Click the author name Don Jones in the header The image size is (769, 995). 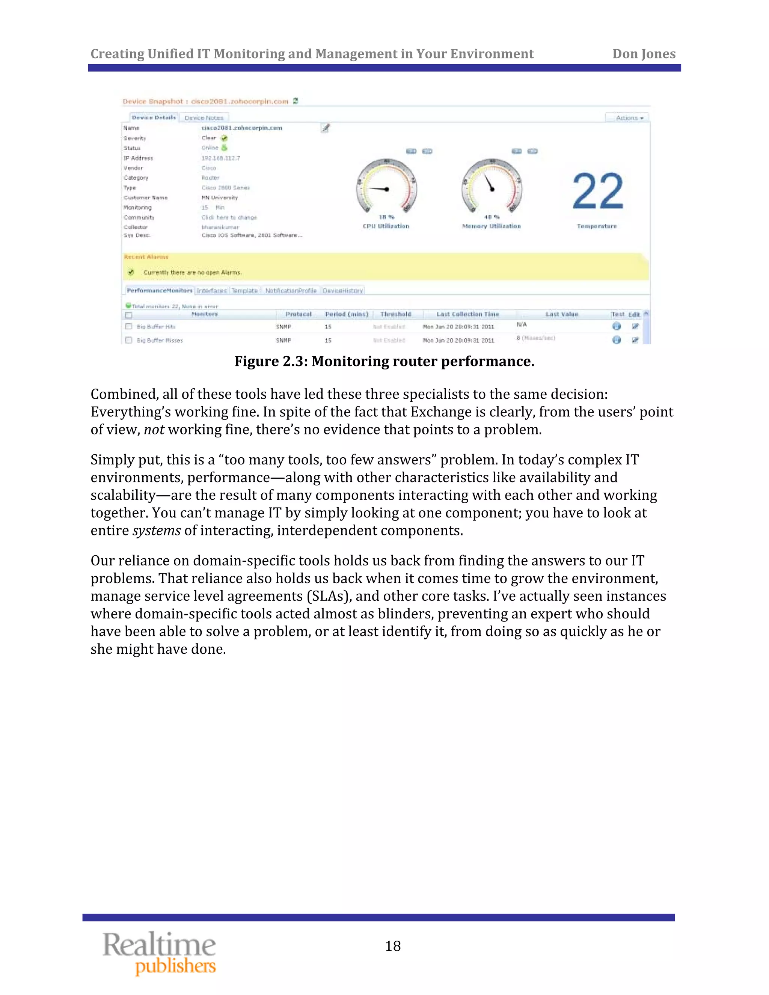click(x=643, y=54)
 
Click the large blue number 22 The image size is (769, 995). click(x=597, y=191)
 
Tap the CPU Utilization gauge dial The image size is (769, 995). click(x=386, y=186)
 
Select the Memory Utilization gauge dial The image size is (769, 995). click(x=492, y=186)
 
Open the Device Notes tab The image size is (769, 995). click(x=204, y=118)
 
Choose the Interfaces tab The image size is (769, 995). click(x=211, y=291)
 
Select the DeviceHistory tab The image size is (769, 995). click(x=342, y=291)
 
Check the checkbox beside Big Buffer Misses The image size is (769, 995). click(x=129, y=340)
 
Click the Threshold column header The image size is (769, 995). click(x=395, y=314)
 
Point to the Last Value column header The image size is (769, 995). click(x=561, y=314)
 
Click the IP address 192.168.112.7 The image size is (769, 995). click(x=220, y=158)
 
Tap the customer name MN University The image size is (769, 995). click(x=220, y=198)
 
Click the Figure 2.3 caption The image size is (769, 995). click(x=384, y=361)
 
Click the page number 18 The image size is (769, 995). click(x=393, y=946)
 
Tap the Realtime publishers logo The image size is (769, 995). click(x=160, y=953)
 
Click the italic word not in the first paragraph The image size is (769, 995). click(x=154, y=430)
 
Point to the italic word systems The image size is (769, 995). click(x=156, y=531)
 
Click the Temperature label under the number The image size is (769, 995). click(x=596, y=226)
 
